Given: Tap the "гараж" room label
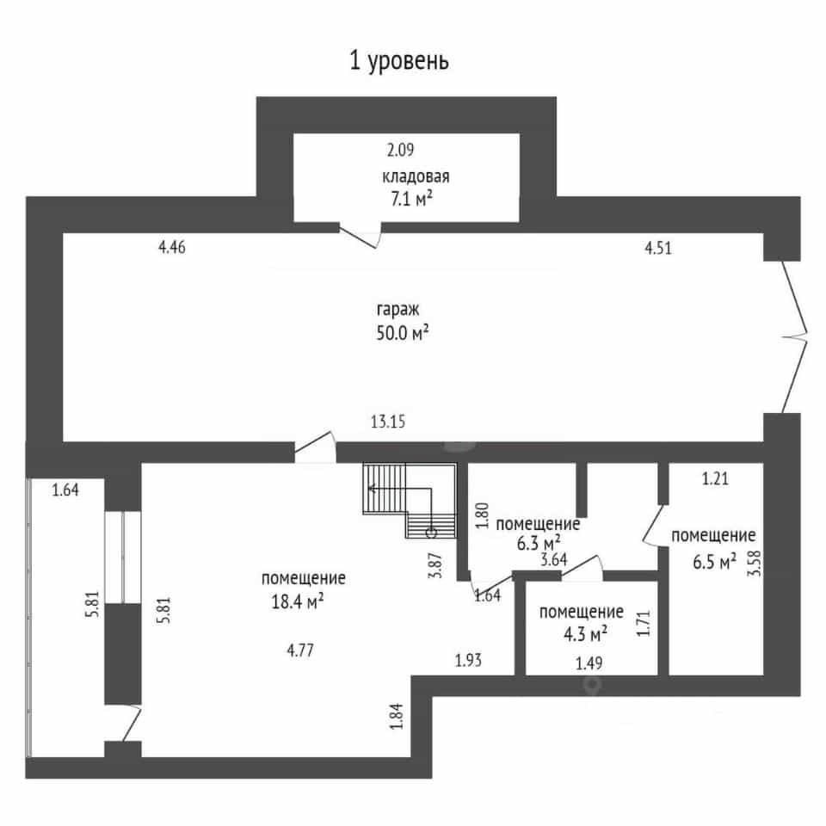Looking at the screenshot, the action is tap(398, 309).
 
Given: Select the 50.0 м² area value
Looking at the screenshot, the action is tap(403, 333).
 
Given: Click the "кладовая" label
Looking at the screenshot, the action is tap(416, 176).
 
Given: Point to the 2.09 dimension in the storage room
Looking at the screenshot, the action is tap(400, 150).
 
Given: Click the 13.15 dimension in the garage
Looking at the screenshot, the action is tap(388, 422).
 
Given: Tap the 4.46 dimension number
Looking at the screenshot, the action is tap(172, 247).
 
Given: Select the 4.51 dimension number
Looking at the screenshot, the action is tap(658, 248).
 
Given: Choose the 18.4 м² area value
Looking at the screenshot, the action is tap(298, 601).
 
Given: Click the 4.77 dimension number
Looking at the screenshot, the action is tap(300, 650).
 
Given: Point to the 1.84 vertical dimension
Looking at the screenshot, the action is tap(397, 716).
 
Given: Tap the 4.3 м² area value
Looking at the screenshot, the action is tap(585, 634).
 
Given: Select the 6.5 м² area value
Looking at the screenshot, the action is tap(714, 562).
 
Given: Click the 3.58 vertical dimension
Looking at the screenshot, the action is tap(755, 563).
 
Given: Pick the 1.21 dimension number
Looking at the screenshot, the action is tap(715, 478).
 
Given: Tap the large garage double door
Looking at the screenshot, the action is tap(794, 337).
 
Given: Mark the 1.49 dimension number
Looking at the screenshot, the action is tap(589, 663).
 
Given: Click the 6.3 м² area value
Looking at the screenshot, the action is tap(539, 543).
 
